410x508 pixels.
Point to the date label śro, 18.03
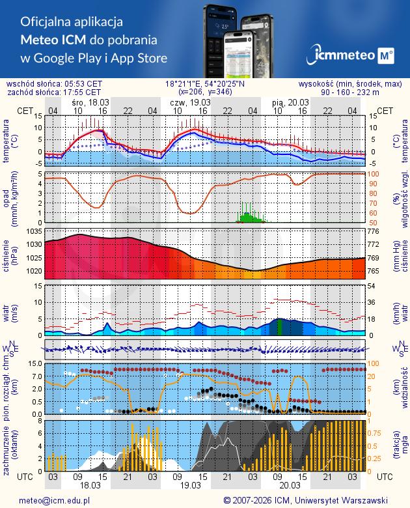pyautogui.click(x=90, y=103)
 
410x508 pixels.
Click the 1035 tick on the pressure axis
pyautogui.click(x=33, y=231)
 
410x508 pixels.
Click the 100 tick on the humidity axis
pyautogui.click(x=376, y=174)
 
